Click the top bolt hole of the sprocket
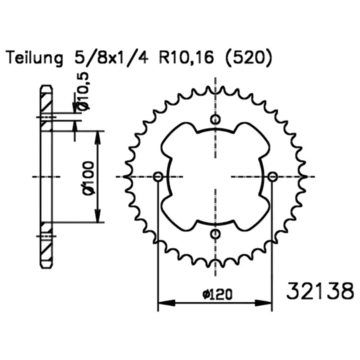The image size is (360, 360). tap(215, 120)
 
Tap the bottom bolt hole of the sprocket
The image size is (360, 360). tap(215, 233)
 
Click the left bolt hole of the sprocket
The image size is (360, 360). tap(159, 177)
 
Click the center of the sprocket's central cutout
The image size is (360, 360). tap(215, 177)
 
